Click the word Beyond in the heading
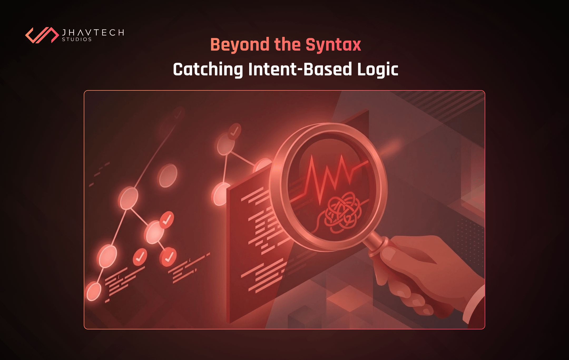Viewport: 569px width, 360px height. point(240,45)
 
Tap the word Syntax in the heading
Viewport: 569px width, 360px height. point(333,45)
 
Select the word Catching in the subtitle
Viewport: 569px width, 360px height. point(208,69)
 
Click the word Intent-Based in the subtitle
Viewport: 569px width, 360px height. point(300,69)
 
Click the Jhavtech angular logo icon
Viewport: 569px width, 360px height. point(42,35)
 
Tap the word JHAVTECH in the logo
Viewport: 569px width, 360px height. point(93,32)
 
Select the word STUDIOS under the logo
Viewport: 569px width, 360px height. point(77,40)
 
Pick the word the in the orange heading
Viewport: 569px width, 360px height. point(287,45)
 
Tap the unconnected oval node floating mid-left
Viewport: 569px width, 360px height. point(168,176)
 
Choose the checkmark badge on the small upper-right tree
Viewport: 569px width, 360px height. point(234,131)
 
